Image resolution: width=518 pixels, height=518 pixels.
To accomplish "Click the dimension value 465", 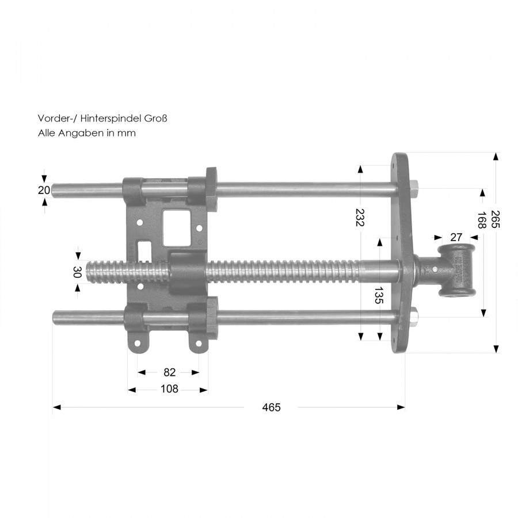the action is click(271, 407).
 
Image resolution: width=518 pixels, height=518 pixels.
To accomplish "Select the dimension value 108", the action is click(169, 389).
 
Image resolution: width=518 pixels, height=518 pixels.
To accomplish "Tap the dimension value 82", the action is click(169, 372).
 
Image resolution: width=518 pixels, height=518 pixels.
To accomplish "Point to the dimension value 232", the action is click(360, 218).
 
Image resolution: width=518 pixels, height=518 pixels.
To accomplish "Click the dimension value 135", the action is click(379, 295).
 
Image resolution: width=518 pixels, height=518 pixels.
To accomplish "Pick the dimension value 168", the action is click(481, 220).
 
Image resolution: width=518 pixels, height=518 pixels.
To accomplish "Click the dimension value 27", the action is click(456, 237).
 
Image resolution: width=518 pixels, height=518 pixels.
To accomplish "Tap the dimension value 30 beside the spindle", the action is click(77, 272).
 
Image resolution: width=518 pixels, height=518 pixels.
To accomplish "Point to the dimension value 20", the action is click(44, 190).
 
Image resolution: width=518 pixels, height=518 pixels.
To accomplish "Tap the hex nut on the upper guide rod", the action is click(414, 189).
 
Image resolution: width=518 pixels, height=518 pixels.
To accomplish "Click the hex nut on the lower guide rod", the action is click(414, 317).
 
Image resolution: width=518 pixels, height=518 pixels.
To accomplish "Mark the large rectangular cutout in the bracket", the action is click(177, 228).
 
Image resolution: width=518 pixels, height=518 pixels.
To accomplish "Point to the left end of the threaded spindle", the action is click(86, 272).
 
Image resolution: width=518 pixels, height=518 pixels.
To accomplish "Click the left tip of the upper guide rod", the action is click(52, 191).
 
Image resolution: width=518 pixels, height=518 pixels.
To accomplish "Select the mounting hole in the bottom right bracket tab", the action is click(199, 344).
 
